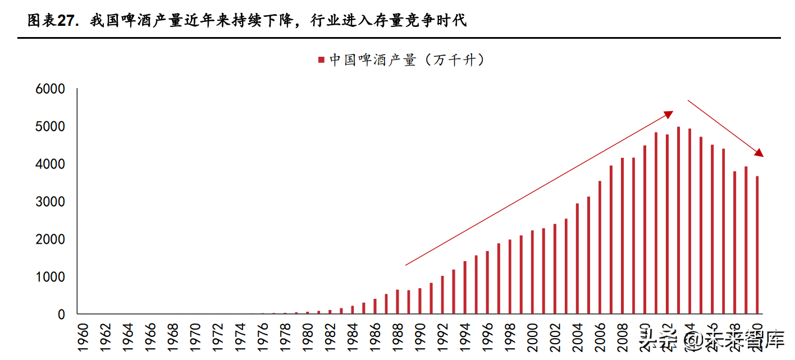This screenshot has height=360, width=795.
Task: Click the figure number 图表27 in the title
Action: (51, 21)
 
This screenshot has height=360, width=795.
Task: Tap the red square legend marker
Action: (321, 60)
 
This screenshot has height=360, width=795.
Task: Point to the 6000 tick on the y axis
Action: (51, 89)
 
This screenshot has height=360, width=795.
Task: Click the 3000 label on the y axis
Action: (51, 202)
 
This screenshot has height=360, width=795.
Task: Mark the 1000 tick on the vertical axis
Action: (51, 277)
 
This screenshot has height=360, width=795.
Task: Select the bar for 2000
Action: (532, 272)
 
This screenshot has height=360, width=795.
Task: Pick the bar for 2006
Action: (600, 247)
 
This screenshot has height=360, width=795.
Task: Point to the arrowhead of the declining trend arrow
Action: (759, 153)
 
